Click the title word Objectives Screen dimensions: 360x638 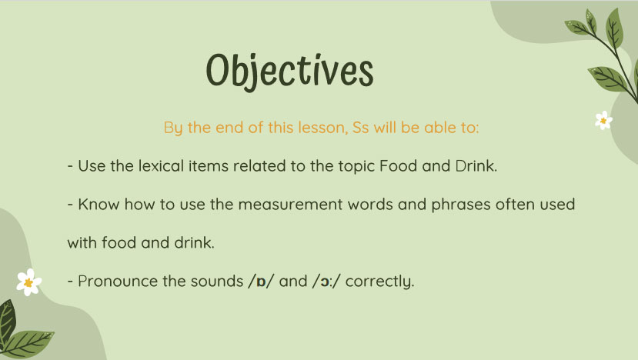click(289, 70)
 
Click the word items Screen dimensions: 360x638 click(202, 166)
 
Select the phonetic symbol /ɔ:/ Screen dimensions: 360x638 click(326, 282)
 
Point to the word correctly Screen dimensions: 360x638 click(381, 282)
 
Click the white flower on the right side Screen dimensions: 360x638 click(603, 120)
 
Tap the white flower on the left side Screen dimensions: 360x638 click(28, 282)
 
